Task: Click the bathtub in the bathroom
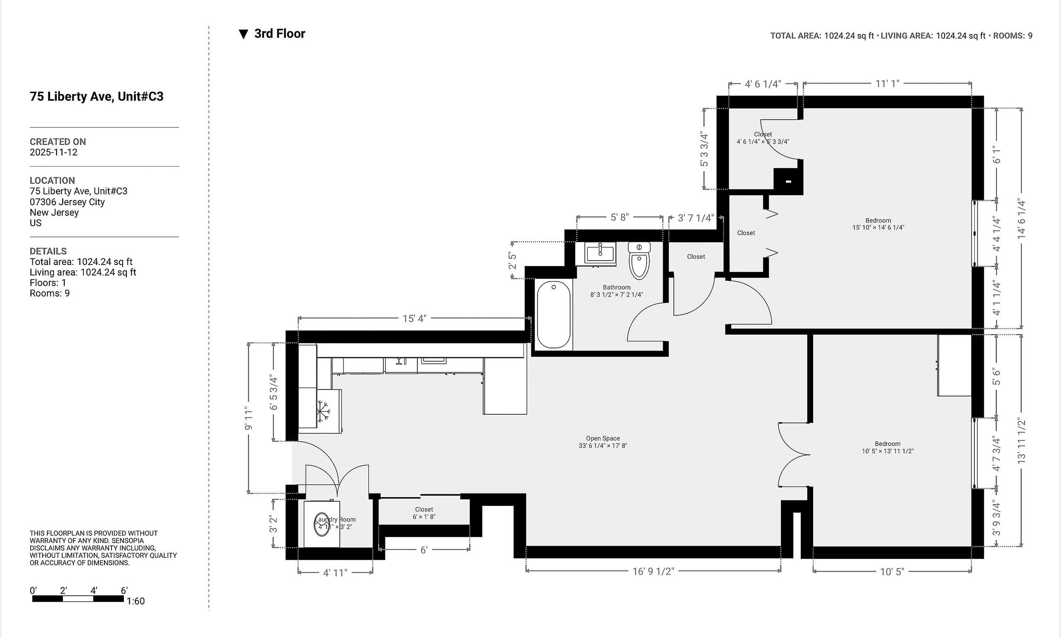pyautogui.click(x=554, y=315)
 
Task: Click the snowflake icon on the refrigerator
pyautogui.click(x=323, y=411)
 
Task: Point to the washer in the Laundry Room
pyautogui.click(x=322, y=524)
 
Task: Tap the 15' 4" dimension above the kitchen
pyautogui.click(x=414, y=319)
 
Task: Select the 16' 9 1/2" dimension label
pyautogui.click(x=653, y=571)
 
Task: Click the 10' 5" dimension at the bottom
pyautogui.click(x=891, y=571)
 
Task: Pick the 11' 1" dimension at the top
pyautogui.click(x=887, y=83)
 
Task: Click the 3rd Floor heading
pyautogui.click(x=280, y=34)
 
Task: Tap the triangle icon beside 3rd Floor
pyautogui.click(x=243, y=34)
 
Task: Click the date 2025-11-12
pyautogui.click(x=53, y=152)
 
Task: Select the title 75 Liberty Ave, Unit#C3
pyautogui.click(x=96, y=96)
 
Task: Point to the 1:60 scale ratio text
pyautogui.click(x=136, y=601)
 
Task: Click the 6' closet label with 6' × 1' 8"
pyautogui.click(x=424, y=513)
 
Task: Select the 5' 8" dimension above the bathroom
pyautogui.click(x=619, y=217)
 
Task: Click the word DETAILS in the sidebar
pyautogui.click(x=48, y=251)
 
